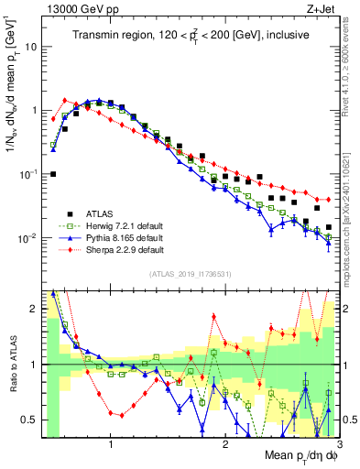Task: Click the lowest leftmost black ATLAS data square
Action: point(53,174)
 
